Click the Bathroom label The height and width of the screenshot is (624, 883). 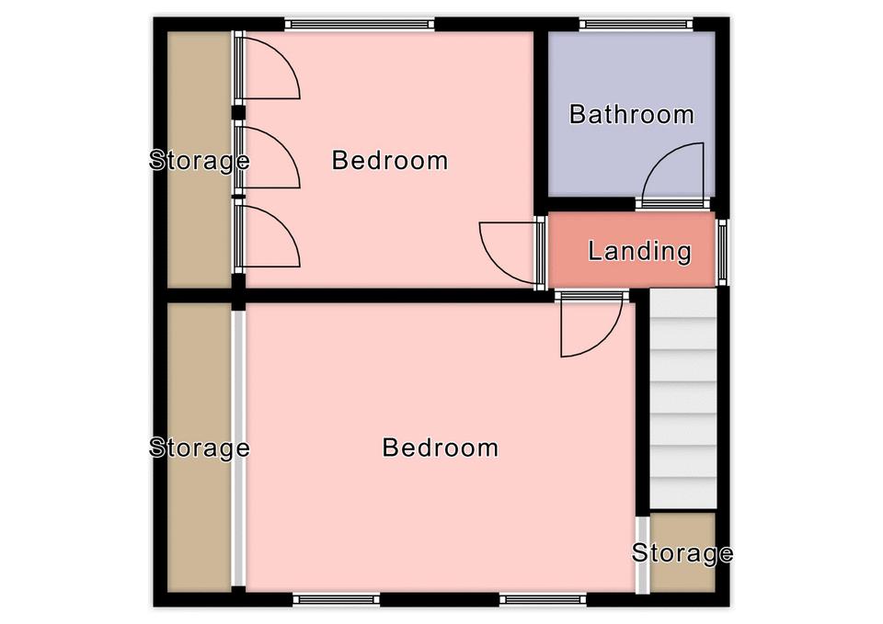point(631,114)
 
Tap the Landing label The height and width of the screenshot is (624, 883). point(639,251)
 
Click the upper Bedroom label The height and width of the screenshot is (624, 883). point(390,160)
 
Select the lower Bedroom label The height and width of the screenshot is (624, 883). point(440,448)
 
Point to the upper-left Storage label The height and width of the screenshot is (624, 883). point(200,160)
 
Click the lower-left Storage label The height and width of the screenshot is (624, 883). point(200,448)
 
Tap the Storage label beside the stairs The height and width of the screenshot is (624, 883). point(682,552)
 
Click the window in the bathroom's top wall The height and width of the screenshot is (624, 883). point(636,24)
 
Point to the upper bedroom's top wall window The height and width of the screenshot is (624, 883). point(360,24)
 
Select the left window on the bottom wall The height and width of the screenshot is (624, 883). point(337,599)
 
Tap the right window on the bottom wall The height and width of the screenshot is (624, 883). point(543,599)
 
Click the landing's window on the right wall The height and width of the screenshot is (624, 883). point(722,252)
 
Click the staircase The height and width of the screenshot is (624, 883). point(683,399)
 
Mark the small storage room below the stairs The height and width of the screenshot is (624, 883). point(682,552)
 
